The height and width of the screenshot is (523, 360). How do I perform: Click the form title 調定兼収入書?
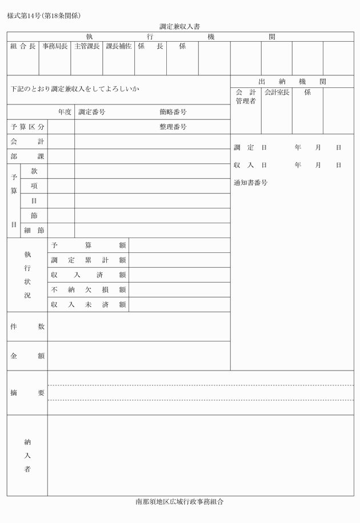click(x=179, y=26)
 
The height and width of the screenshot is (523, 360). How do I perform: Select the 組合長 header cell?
click(x=23, y=46)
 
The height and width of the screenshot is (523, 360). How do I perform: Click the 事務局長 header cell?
click(x=55, y=46)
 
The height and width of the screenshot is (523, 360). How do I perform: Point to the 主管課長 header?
click(x=87, y=46)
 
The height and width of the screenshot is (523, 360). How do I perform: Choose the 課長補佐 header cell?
click(x=119, y=46)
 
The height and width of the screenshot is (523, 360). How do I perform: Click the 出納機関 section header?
click(x=292, y=82)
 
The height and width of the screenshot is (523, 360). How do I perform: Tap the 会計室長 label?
click(x=277, y=92)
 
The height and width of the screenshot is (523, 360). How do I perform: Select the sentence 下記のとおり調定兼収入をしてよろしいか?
click(x=75, y=89)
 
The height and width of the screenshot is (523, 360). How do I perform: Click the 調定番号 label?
click(x=91, y=112)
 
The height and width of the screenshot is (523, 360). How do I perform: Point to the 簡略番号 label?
click(x=173, y=112)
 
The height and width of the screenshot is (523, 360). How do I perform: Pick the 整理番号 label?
click(x=173, y=127)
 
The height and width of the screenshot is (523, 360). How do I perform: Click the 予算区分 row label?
click(x=27, y=127)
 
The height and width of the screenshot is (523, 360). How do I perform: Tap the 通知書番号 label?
click(x=250, y=183)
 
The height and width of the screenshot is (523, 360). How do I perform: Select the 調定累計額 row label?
click(x=88, y=260)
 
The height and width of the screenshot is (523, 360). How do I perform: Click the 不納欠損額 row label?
click(x=88, y=290)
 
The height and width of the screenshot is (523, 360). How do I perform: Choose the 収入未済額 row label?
click(x=88, y=305)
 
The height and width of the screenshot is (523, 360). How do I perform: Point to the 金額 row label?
click(x=27, y=356)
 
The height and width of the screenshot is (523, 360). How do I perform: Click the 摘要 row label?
click(x=27, y=393)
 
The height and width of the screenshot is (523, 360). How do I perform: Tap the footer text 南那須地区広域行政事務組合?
click(x=179, y=502)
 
